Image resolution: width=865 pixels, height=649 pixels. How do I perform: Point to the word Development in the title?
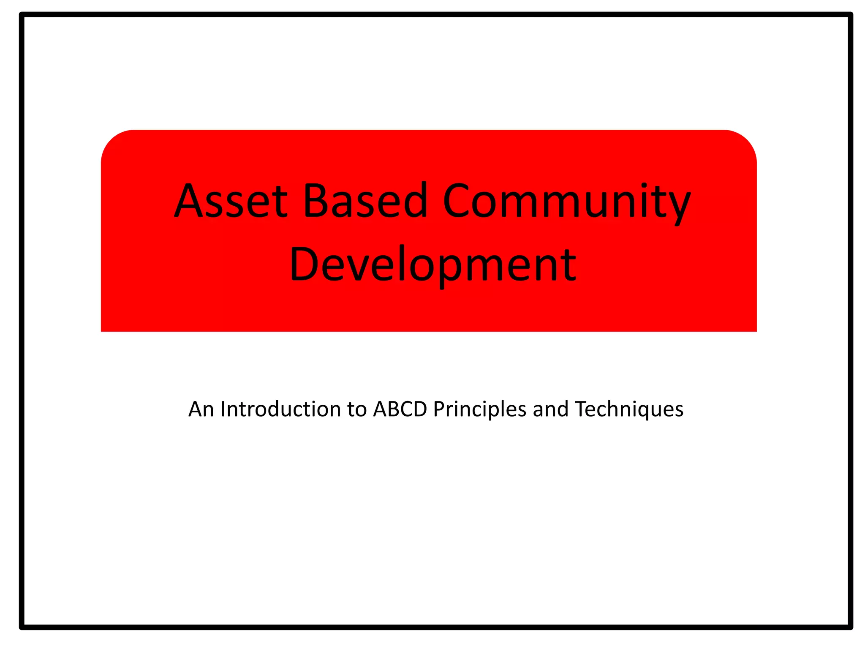pos(432,265)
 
